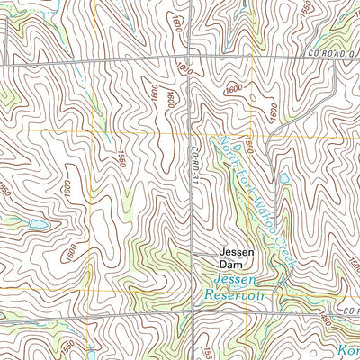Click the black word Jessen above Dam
tap(238, 254)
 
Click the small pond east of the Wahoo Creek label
tap(284, 179)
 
